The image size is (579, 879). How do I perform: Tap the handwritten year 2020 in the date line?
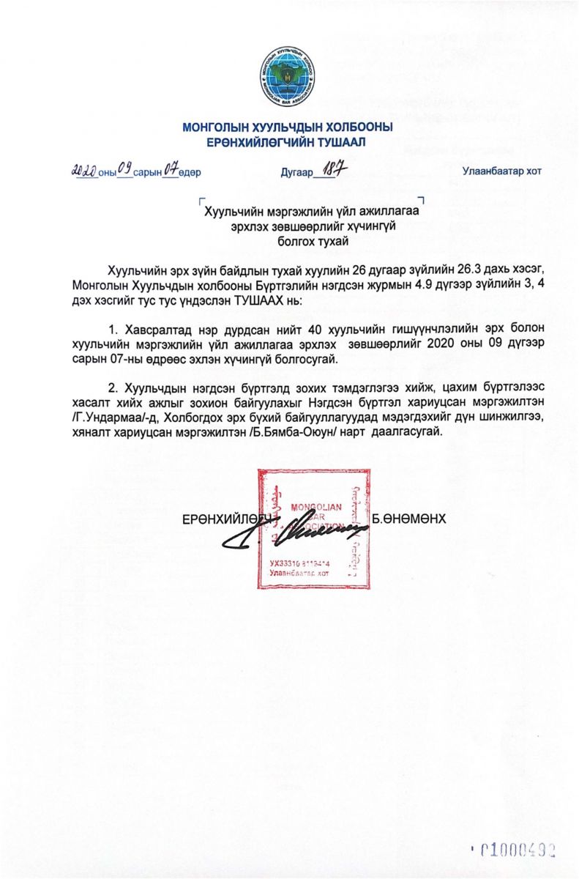[85, 171]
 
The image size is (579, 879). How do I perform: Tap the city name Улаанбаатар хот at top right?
[501, 171]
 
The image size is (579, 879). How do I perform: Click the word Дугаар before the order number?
[296, 173]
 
